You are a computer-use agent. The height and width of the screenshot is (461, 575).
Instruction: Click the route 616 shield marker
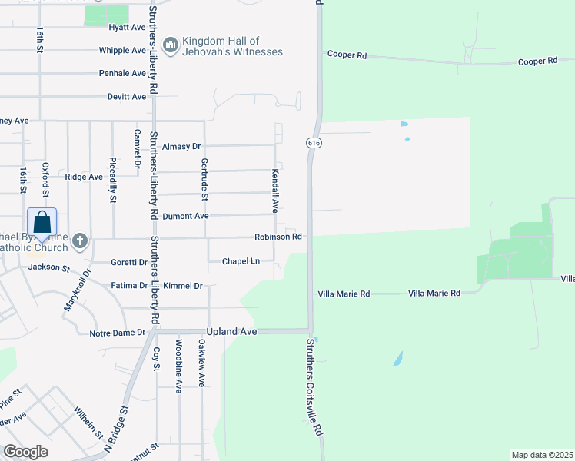click(313, 143)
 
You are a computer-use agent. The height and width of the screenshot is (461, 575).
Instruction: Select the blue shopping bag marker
click(42, 223)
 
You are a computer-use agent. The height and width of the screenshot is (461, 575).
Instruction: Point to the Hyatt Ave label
click(127, 27)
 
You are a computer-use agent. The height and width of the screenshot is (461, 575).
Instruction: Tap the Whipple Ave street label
click(122, 51)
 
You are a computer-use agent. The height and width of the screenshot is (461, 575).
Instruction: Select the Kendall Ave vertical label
click(274, 191)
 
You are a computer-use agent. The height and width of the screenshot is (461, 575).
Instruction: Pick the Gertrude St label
click(204, 180)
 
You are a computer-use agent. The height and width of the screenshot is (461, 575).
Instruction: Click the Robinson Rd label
click(278, 237)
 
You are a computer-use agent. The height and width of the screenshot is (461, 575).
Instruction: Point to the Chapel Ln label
click(241, 261)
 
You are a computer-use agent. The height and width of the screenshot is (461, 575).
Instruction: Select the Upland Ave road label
click(234, 331)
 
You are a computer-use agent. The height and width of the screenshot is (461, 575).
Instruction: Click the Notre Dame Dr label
click(117, 333)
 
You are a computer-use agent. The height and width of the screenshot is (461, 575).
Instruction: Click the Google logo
click(26, 452)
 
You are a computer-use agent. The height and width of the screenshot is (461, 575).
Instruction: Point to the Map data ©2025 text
click(542, 455)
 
